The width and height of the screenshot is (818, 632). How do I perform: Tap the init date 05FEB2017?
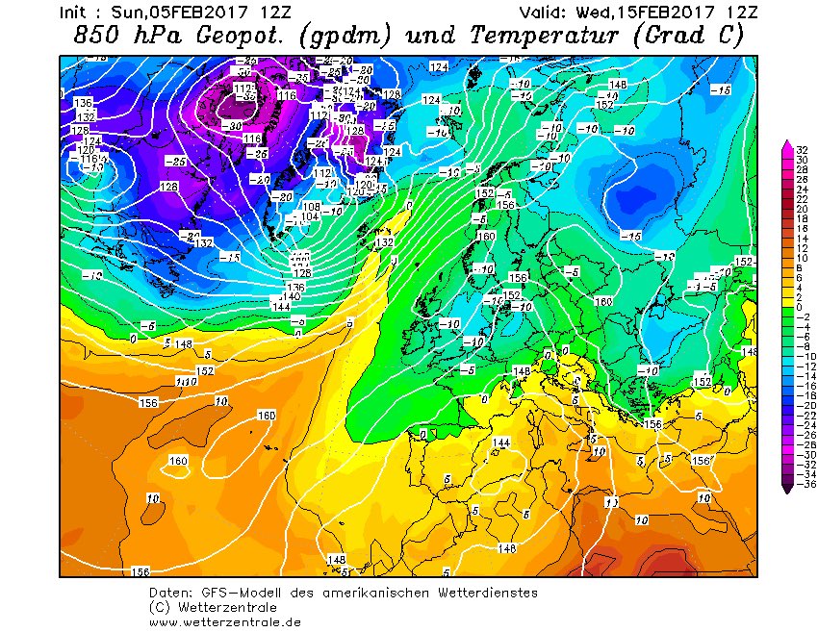[196, 13]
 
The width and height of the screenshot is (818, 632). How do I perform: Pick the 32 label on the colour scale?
[799, 149]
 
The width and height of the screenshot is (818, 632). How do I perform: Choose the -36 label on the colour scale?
[799, 485]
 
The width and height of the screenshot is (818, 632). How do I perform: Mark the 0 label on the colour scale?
[799, 307]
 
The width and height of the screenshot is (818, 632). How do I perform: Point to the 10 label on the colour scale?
[799, 258]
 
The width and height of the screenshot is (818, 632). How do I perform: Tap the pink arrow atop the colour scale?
[788, 145]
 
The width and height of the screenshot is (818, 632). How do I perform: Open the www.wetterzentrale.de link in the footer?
[225, 621]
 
